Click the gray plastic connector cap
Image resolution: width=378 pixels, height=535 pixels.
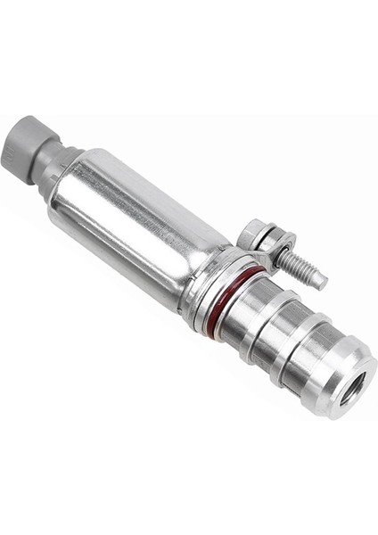click(30, 144)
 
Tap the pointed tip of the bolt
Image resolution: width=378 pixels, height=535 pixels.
click(320, 284)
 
